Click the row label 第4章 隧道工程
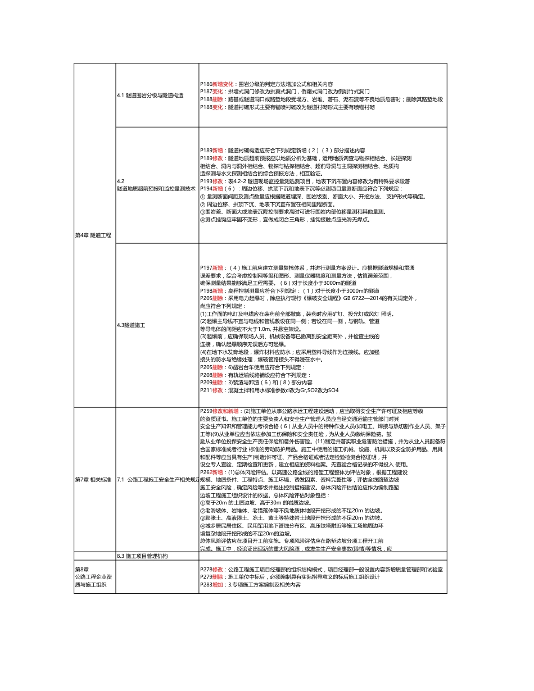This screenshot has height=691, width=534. [x=93, y=235]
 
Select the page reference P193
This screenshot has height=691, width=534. [x=206, y=181]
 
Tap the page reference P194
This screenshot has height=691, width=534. [x=206, y=189]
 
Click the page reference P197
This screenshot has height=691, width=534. [x=206, y=268]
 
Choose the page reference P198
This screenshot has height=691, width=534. [x=206, y=291]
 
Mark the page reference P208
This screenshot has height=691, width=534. [x=206, y=375]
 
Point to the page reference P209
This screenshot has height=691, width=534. [x=206, y=382]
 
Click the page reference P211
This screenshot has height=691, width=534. [x=206, y=390]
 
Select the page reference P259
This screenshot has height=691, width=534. [x=206, y=411]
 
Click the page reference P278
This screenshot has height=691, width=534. [x=206, y=570]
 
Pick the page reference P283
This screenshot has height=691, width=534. [x=206, y=585]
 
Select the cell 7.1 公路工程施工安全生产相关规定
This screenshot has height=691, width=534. [x=157, y=480]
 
